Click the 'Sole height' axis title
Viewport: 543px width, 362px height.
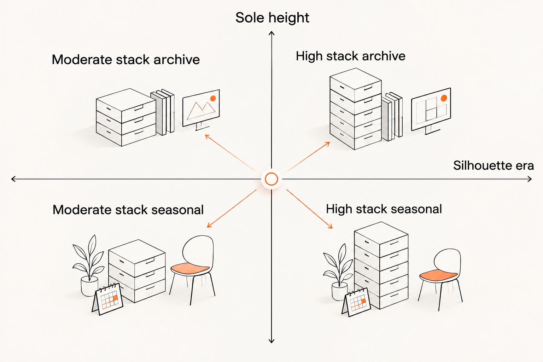272,18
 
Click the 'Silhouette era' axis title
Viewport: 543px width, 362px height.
494,165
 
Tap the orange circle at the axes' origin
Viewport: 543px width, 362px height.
271,179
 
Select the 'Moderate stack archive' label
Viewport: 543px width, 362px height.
126,59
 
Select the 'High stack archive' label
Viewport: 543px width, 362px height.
351,56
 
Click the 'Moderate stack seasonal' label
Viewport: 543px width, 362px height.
128,210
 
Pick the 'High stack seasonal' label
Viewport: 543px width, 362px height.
384,209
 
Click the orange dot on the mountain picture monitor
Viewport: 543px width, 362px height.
213,98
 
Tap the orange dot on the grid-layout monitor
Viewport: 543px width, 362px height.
444,98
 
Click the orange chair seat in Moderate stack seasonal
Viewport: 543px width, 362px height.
190,268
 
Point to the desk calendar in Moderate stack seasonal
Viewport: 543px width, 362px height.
107,299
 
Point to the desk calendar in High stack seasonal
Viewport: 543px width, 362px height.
356,302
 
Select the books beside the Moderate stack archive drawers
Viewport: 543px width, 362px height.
162,112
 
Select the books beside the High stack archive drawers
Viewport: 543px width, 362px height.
392,116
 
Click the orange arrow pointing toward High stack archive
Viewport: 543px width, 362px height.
308,157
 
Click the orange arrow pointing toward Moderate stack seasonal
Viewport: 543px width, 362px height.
232,209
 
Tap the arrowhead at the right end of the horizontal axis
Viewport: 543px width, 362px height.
530,179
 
